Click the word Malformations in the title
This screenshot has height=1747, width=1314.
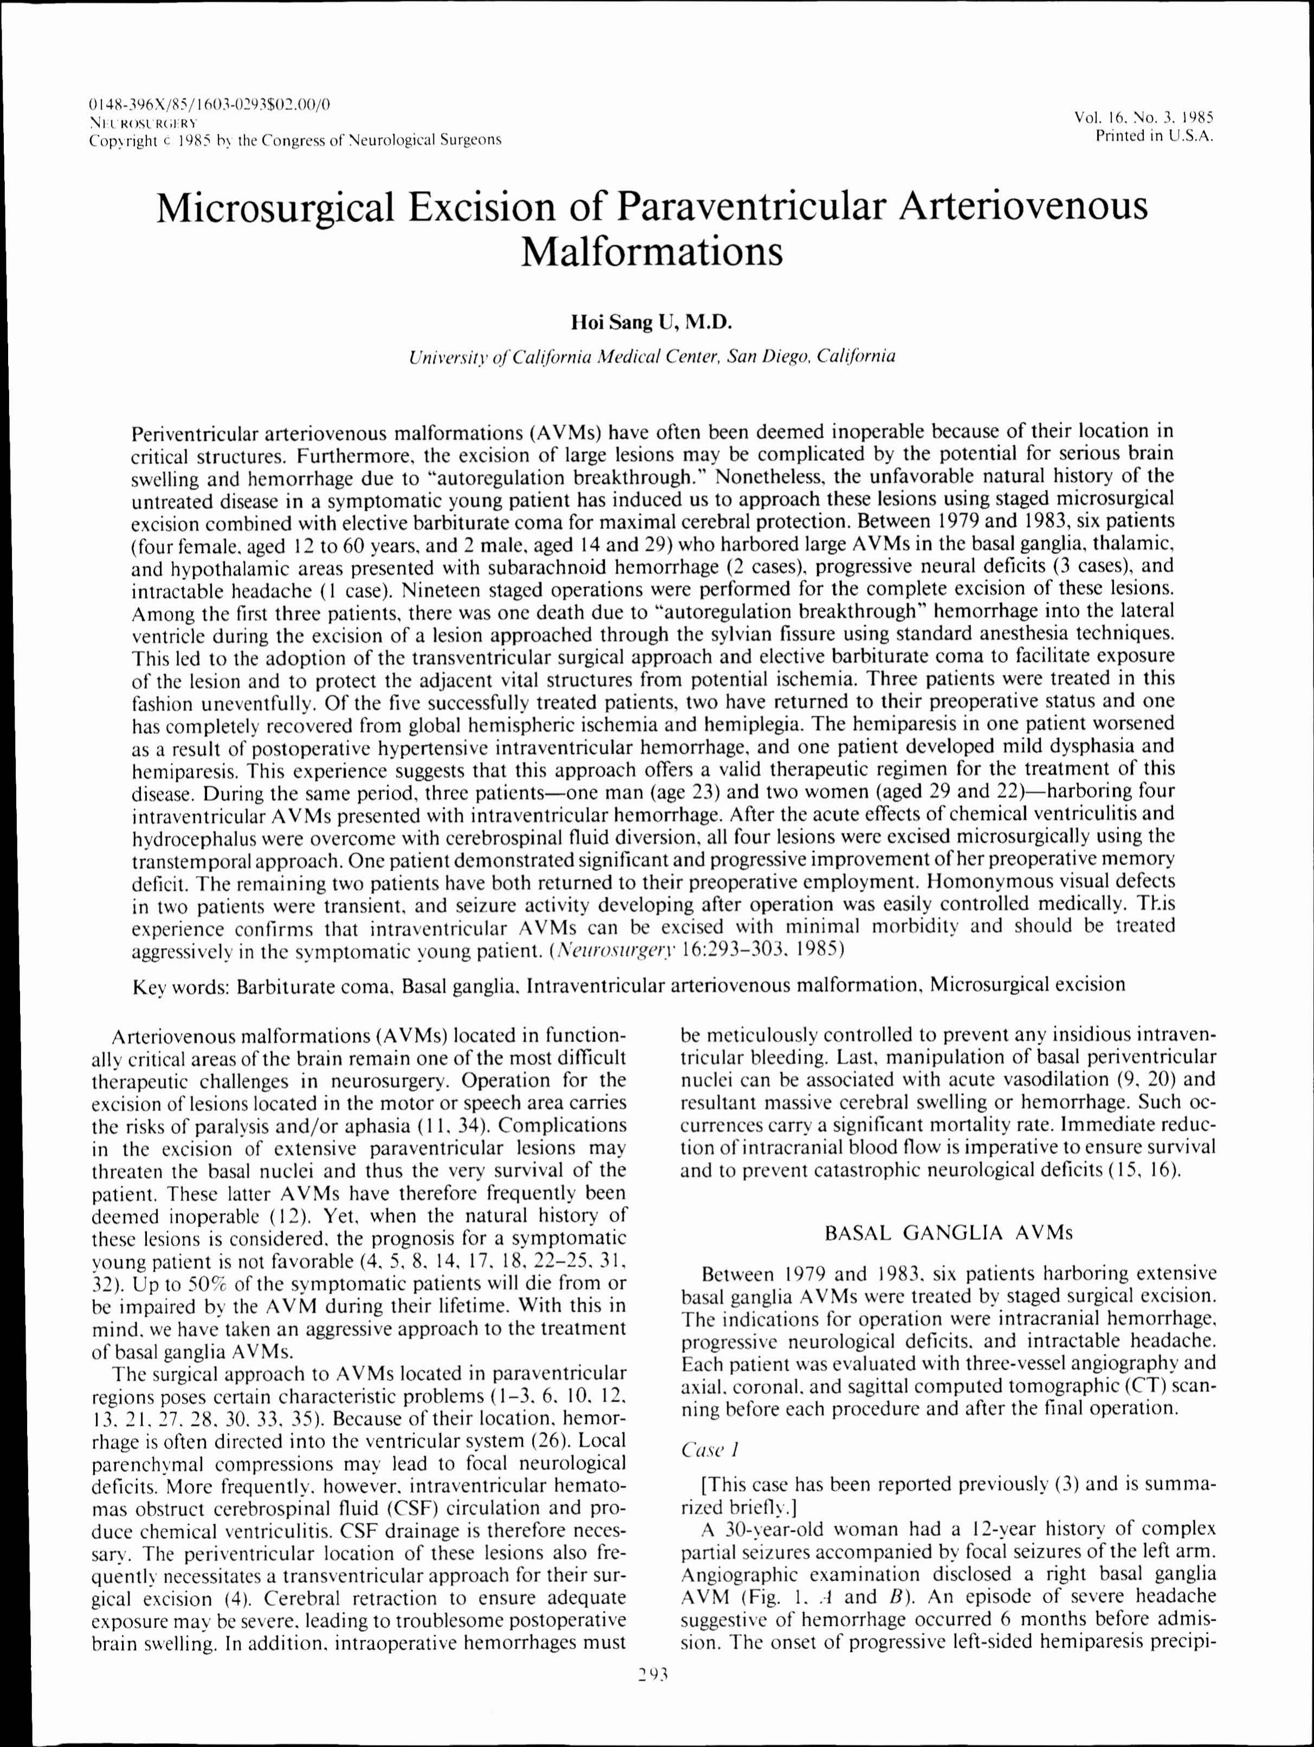click(652, 253)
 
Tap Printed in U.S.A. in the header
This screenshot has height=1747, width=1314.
click(1153, 136)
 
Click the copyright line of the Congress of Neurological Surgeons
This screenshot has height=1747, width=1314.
click(295, 140)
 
